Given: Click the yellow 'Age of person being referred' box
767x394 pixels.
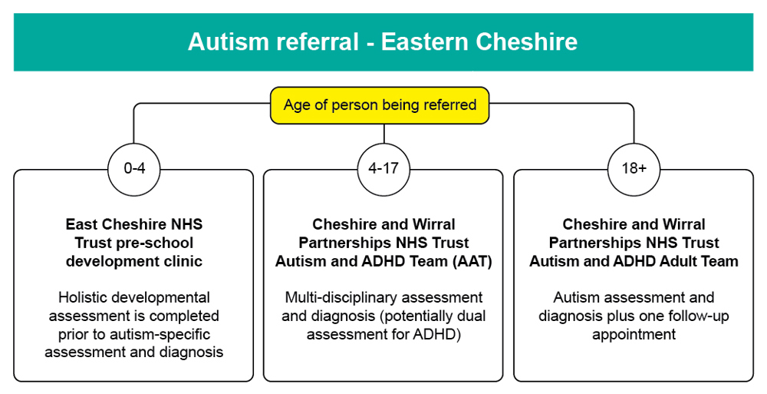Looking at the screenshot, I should tap(380, 105).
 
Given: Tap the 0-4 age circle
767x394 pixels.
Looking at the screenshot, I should tap(134, 168).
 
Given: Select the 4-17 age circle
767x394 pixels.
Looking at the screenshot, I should tap(383, 168).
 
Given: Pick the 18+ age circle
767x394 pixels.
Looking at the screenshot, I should tap(634, 168).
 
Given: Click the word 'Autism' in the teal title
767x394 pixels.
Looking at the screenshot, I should tap(228, 41).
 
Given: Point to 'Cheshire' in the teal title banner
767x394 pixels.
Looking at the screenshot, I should tap(528, 41).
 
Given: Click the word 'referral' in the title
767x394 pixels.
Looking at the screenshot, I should tap(314, 41).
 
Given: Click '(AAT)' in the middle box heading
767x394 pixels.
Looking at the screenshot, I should tap(470, 261).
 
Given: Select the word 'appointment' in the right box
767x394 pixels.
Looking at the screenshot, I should tap(634, 334).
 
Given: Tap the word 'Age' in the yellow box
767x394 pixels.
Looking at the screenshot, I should tap(296, 105).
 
